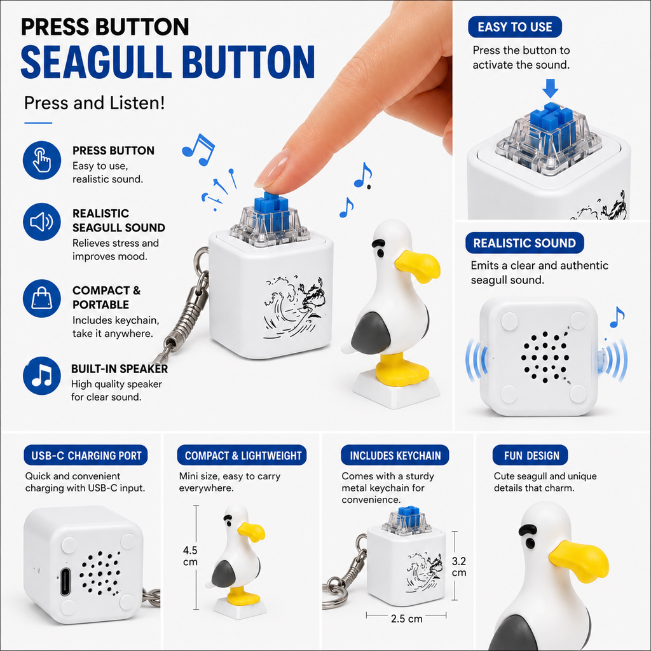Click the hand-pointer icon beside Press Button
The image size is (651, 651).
tap(42, 160)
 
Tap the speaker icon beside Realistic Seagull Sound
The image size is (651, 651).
tap(42, 222)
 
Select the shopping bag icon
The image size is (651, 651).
tap(42, 299)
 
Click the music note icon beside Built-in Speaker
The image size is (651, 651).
tap(42, 376)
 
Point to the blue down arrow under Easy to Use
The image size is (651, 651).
tap(550, 88)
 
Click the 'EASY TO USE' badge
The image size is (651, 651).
tap(515, 27)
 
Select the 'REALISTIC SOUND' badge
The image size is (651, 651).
tap(524, 243)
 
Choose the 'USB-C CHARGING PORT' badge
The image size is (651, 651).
tap(86, 455)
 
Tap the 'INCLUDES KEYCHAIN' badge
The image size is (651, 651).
tap(395, 455)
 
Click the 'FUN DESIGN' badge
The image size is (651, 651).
tap(530, 455)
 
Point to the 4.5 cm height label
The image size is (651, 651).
tap(190, 556)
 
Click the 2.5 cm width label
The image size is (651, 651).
tap(406, 619)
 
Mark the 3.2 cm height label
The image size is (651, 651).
tap(459, 566)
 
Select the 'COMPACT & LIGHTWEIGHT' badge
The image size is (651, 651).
tap(242, 455)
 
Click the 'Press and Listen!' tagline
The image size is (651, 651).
tap(94, 103)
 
